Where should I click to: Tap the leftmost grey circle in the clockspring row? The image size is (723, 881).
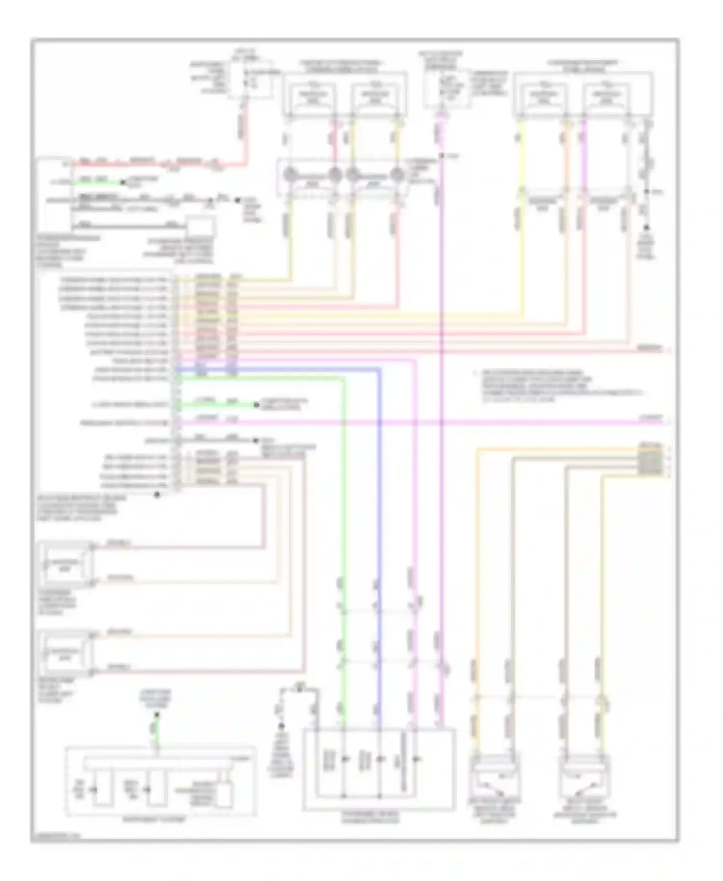pos(290,174)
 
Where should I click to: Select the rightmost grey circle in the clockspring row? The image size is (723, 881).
pos(397,174)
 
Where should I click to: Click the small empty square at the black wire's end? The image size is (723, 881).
pos(201,228)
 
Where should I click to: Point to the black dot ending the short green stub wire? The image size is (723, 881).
pos(123,183)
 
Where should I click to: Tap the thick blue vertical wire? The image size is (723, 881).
pos(379,482)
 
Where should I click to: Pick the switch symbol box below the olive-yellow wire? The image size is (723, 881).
pos(585,775)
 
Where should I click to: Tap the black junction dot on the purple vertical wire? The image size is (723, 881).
pos(441,156)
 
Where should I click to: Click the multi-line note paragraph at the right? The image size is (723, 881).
pos(554,386)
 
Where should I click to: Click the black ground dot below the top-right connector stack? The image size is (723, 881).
pos(646,227)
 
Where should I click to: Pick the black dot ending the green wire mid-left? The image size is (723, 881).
pos(257,405)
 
